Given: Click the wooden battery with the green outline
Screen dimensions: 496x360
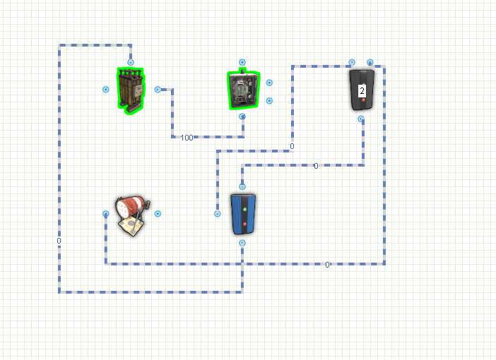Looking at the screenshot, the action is tap(131, 91).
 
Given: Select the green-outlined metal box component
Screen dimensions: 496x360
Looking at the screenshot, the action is tap(244, 90).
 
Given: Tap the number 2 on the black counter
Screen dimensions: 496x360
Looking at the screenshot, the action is tap(362, 91).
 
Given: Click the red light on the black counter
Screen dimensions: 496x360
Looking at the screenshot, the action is tap(363, 100).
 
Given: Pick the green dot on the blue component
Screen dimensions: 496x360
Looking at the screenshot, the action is tap(244, 209).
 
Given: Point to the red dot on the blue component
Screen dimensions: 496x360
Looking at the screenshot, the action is tap(244, 224).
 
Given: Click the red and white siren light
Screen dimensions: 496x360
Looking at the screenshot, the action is tap(133, 215).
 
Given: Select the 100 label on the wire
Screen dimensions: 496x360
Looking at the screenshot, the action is tap(187, 138).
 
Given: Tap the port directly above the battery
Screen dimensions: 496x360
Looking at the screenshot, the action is tap(130, 62).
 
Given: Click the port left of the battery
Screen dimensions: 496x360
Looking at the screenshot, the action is tap(106, 90).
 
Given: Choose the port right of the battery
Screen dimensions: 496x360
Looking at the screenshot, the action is tap(158, 90).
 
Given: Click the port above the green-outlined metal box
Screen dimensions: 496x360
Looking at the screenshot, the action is tap(242, 62).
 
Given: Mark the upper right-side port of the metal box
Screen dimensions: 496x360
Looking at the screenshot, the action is tap(269, 83).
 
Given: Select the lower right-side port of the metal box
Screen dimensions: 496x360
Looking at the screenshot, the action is tap(269, 101).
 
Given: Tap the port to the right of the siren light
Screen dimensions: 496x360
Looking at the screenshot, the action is tap(158, 214).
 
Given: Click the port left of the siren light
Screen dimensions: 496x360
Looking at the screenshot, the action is tap(106, 214).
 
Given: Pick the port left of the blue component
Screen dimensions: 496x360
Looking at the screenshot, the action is tap(218, 214).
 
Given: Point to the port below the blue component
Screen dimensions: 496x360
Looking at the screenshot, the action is tap(242, 243).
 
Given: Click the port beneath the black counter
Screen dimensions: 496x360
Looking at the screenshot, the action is tap(361, 119).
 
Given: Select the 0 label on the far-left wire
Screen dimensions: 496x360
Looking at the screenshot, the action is tap(59, 241).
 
